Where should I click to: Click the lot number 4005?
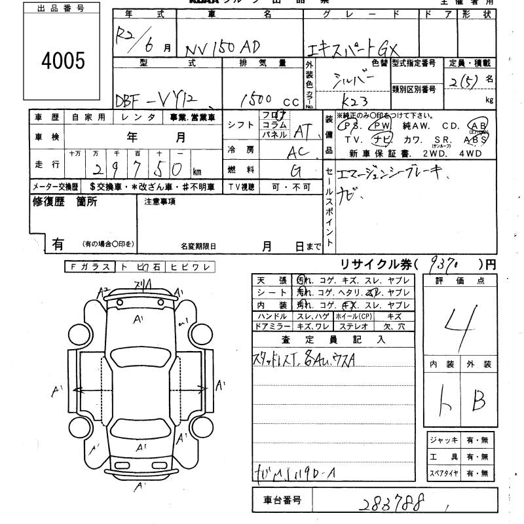click(63, 61)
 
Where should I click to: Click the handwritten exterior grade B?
click(479, 398)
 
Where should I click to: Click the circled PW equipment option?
click(379, 126)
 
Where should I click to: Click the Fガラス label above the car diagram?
click(89, 267)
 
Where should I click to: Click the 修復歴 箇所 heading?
click(65, 202)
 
